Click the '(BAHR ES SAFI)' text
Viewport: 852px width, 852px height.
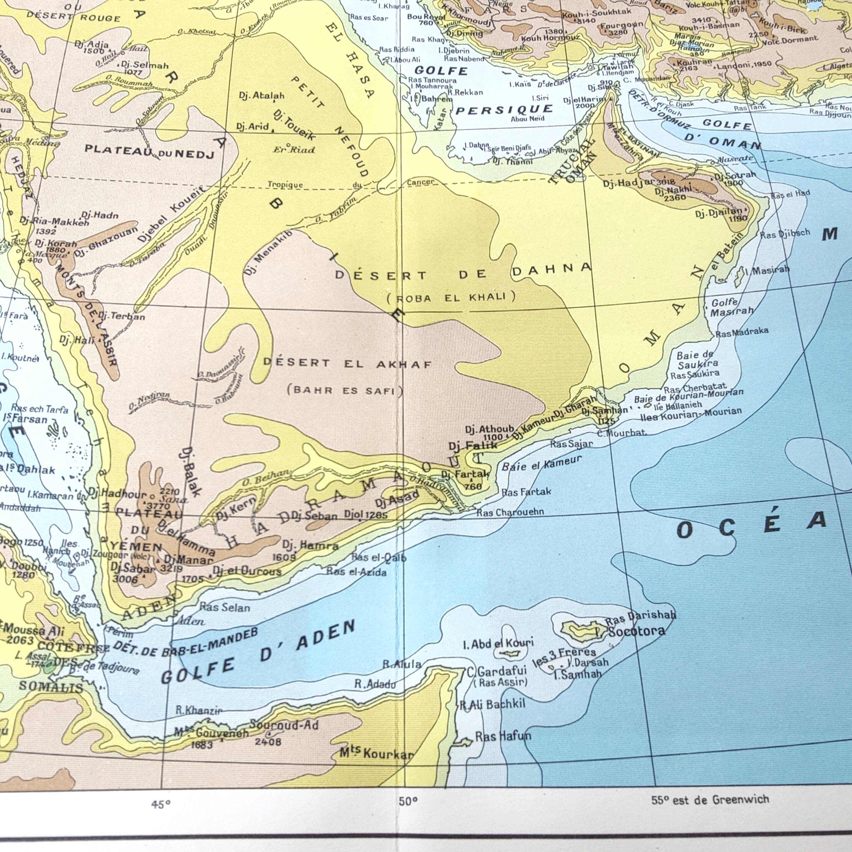pyautogui.click(x=345, y=391)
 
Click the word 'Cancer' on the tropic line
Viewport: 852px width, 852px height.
pyautogui.click(x=420, y=182)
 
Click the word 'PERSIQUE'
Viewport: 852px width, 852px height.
pyautogui.click(x=504, y=109)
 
